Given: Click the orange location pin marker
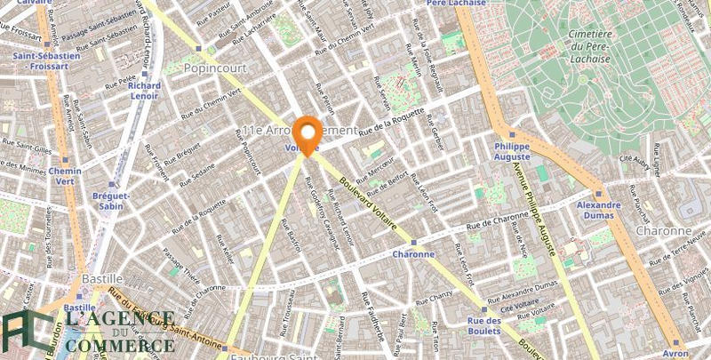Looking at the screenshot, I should pyautogui.click(x=308, y=136).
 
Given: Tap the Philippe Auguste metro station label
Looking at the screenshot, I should pyautogui.click(x=513, y=152).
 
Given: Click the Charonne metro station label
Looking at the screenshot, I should pyautogui.click(x=413, y=253).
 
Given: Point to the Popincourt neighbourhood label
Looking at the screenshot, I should pyautogui.click(x=208, y=67).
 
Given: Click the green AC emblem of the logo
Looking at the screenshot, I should pyautogui.click(x=27, y=330).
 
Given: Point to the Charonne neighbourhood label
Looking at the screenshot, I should pyautogui.click(x=663, y=230).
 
